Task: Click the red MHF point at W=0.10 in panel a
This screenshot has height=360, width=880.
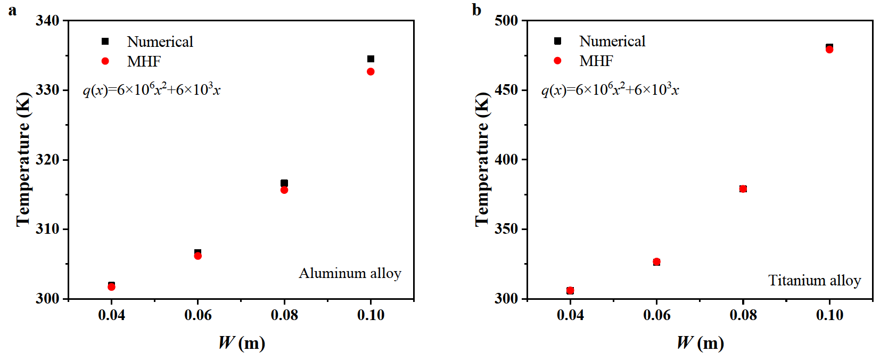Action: (x=371, y=71)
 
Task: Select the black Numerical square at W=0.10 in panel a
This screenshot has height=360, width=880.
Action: (x=371, y=59)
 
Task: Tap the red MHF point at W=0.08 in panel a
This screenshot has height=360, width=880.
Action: (x=284, y=190)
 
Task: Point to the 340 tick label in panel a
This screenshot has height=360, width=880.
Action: (x=47, y=21)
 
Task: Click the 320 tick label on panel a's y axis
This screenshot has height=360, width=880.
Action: (x=47, y=160)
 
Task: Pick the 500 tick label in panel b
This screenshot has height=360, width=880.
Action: (x=506, y=21)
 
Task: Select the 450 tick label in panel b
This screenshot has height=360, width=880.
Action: (x=506, y=90)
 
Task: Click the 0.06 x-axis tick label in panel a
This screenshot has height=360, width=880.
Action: (x=198, y=315)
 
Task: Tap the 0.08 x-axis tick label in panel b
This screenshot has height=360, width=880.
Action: (x=743, y=315)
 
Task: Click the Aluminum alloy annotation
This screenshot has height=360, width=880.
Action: (x=350, y=273)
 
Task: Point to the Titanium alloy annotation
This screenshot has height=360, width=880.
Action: (x=814, y=281)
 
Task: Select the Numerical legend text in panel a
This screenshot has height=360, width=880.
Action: (x=160, y=42)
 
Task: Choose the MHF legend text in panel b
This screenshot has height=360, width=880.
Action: (x=596, y=61)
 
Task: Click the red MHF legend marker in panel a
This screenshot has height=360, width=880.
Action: (x=105, y=61)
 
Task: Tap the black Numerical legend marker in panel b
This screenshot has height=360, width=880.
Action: (x=557, y=41)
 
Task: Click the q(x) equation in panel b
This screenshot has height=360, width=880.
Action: (x=610, y=89)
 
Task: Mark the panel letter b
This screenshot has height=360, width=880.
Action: (x=476, y=10)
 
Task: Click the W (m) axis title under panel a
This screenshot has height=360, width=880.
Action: (x=242, y=342)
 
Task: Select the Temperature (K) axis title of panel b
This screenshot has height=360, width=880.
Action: (x=482, y=160)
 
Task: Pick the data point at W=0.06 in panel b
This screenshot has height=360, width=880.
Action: (x=656, y=262)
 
